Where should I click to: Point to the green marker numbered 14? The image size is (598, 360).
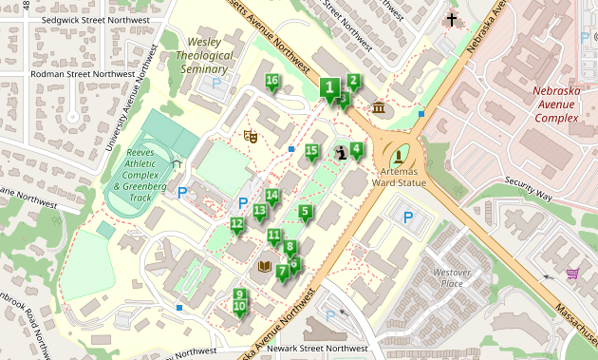tap(272, 198)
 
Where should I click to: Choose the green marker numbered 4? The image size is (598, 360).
tap(356, 149)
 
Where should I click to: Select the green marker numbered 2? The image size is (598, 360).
tap(353, 83)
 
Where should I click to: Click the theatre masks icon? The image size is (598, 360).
tap(251, 136)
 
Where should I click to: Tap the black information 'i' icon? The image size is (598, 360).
tap(341, 152)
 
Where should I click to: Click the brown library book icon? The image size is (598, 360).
tap(265, 267)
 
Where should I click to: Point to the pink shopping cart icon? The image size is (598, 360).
tap(572, 274)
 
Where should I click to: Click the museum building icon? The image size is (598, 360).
tap(380, 106)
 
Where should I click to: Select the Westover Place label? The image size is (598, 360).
tap(453, 277)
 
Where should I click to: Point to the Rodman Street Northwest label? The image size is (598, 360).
tap(83, 74)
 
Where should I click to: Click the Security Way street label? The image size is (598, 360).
tap(528, 188)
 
